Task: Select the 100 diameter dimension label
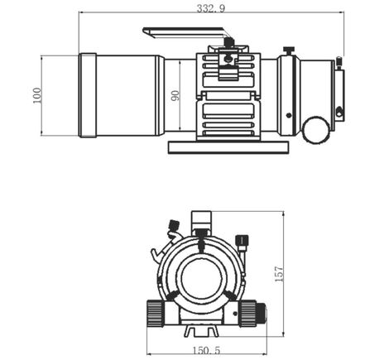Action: click(36, 95)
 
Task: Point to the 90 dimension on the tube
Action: click(175, 95)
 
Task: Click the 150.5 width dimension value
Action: click(206, 350)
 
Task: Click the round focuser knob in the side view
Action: click(314, 129)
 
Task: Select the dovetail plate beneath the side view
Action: click(228, 146)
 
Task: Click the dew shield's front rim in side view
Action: click(88, 95)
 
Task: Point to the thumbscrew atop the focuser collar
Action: click(288, 50)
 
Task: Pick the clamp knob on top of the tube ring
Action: click(229, 41)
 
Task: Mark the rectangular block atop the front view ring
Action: click(201, 221)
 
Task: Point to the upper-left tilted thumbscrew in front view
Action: click(174, 226)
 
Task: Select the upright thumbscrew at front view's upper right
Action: click(242, 243)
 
